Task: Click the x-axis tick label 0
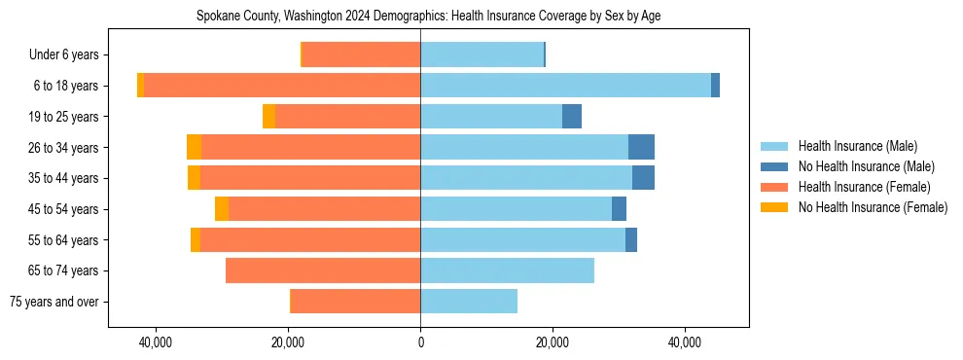click(x=420, y=342)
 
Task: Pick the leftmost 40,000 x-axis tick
click(x=156, y=342)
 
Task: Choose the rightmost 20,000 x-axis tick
click(x=553, y=342)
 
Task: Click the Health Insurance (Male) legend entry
click(x=856, y=146)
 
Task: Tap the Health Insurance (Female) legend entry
click(x=860, y=187)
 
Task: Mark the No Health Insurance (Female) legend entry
click(x=872, y=207)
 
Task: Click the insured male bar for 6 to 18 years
click(x=565, y=86)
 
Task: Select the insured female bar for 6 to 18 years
click(x=282, y=86)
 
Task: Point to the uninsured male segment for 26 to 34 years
click(x=641, y=147)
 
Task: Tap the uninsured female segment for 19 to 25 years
click(x=269, y=117)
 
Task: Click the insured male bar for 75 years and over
click(x=469, y=302)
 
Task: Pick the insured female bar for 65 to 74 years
click(x=323, y=270)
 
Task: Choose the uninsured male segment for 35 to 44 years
click(x=643, y=178)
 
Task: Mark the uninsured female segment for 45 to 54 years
click(x=222, y=209)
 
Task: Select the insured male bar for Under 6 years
click(x=481, y=54)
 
